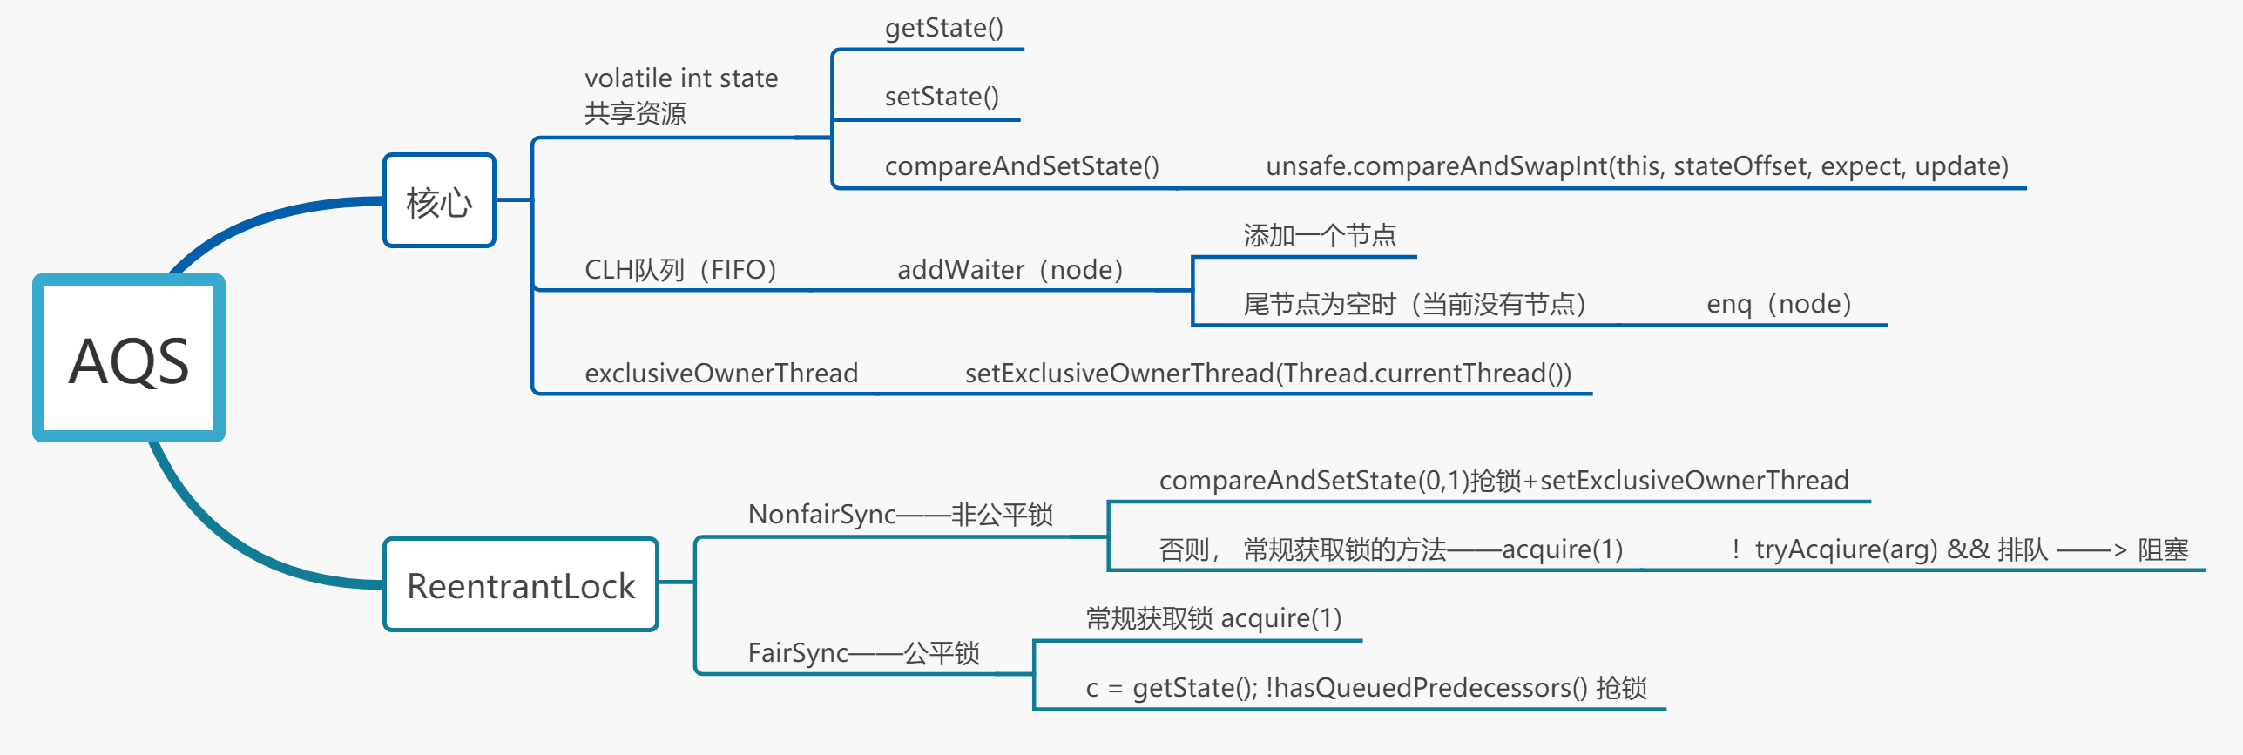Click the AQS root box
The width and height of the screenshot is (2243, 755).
pos(129,359)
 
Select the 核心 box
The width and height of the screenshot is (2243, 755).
pos(439,201)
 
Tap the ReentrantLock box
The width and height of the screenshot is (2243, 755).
pos(521,585)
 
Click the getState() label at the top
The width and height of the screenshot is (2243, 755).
pos(943,28)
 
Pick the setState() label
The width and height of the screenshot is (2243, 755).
pos(942,97)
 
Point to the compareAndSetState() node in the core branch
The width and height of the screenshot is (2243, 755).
pos(1021,165)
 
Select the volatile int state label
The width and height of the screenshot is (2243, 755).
pos(681,78)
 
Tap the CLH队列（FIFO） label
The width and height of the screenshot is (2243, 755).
pos(680,270)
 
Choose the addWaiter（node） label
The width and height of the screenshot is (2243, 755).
pos(1010,270)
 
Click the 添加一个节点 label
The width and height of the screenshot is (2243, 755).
pos(1319,235)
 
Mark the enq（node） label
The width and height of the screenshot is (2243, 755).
pos(1779,304)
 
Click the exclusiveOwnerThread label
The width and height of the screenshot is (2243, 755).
pos(721,374)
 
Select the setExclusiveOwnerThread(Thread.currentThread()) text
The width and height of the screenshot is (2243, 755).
pos(1267,374)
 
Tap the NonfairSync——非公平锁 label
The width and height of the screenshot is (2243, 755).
pos(900,515)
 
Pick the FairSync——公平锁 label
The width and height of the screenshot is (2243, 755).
pos(863,653)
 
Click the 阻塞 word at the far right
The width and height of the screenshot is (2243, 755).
pos(2163,549)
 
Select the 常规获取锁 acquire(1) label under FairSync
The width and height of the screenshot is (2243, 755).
pos(1213,618)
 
